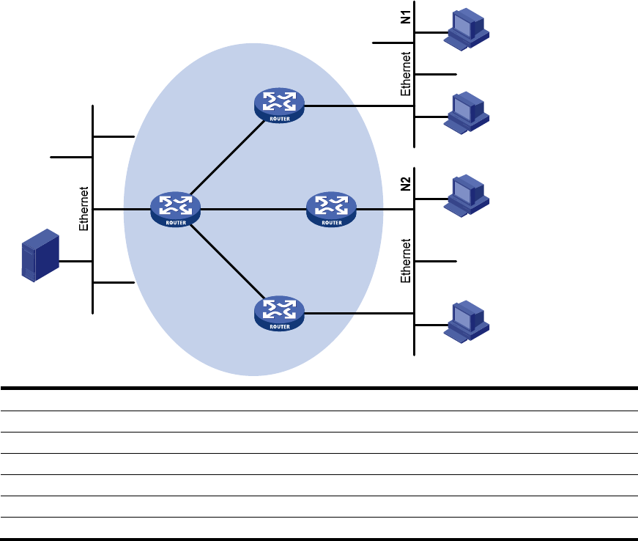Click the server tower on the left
pos(40,255)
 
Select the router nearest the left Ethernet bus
pos(175,209)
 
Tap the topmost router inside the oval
pos(279,106)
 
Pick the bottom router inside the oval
pos(279,314)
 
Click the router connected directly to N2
pos(331,209)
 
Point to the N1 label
pos(406,17)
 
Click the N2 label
pos(406,184)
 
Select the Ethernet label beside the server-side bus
pos(84,209)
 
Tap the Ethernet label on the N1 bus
pos(406,74)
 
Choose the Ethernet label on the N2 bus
pos(406,260)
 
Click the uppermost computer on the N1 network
pos(467,29)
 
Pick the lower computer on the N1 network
pos(467,113)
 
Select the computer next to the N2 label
pos(467,196)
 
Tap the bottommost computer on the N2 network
pos(467,322)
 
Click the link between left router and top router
pos(228,158)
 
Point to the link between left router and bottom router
pos(228,261)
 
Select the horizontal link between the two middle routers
pos(253,209)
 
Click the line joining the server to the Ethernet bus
pos(75,262)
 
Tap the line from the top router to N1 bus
pos(359,106)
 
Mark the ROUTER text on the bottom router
pos(280,327)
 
